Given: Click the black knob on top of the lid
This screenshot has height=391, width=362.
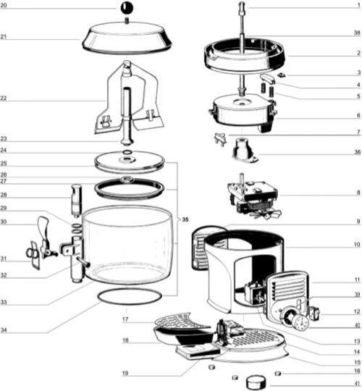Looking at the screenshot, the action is pos(127,9).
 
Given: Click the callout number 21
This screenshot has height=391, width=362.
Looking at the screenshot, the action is pos(3,37).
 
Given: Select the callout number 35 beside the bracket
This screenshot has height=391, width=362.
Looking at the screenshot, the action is pos(185,219).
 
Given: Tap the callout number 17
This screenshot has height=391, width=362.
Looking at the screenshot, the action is pos(125,319).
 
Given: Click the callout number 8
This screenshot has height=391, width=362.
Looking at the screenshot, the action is pos(358,193).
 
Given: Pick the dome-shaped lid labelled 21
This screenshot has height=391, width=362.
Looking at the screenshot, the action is pos(127,38).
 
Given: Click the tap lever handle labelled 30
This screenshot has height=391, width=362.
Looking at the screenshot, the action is pos(43,227).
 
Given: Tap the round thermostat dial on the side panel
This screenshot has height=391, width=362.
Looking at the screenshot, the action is pos(301,322).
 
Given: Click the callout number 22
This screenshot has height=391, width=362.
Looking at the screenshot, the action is pos(3,98).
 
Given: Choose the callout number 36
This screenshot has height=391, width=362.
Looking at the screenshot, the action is pos(357,152).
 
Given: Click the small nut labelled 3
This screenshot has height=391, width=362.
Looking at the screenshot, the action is pos(282,75).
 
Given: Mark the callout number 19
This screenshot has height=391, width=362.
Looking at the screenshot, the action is pos(125,373).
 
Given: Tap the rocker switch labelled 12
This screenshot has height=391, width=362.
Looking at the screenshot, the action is pos(315,314).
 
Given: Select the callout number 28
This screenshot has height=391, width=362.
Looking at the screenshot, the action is pos(3,195).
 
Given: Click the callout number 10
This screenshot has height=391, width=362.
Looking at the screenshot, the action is pos(357,244).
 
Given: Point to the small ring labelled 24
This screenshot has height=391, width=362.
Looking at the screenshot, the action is pos(127,152).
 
